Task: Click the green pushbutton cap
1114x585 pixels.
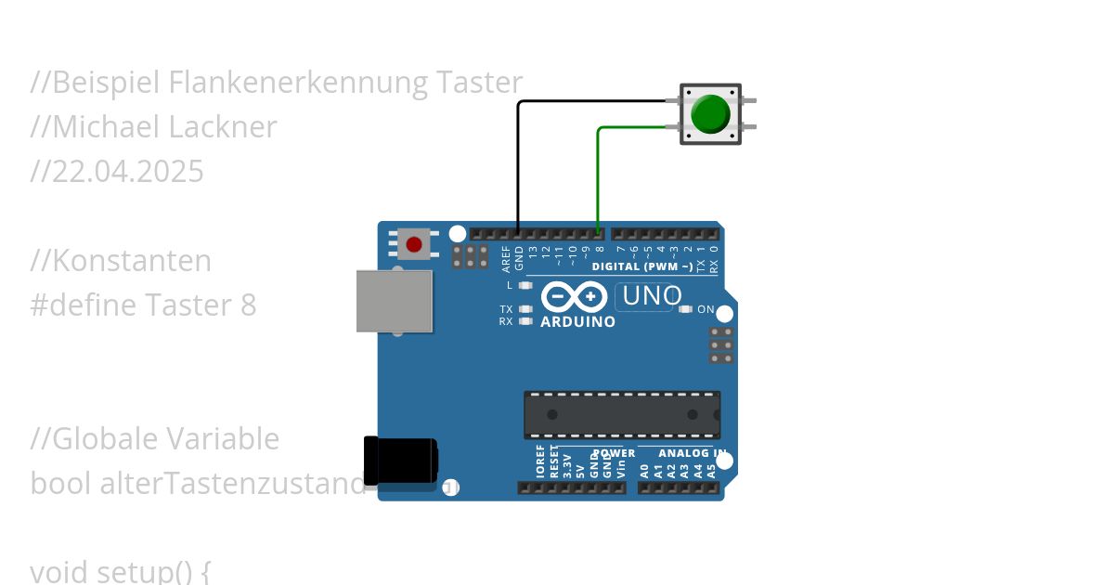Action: tap(711, 113)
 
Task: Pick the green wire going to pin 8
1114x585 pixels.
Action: tap(599, 176)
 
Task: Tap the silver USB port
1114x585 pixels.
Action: tap(395, 300)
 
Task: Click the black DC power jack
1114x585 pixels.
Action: tap(400, 461)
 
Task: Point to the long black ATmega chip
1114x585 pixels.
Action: tap(621, 414)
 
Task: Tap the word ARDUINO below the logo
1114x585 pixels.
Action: tap(577, 322)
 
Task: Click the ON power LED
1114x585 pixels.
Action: tap(687, 309)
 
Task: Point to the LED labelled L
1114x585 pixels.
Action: tap(525, 285)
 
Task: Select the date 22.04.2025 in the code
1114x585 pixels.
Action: tap(127, 172)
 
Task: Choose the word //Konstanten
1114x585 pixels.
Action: tap(121, 261)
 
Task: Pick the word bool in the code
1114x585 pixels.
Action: tap(60, 484)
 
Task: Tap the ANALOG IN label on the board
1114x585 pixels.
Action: tap(692, 453)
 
